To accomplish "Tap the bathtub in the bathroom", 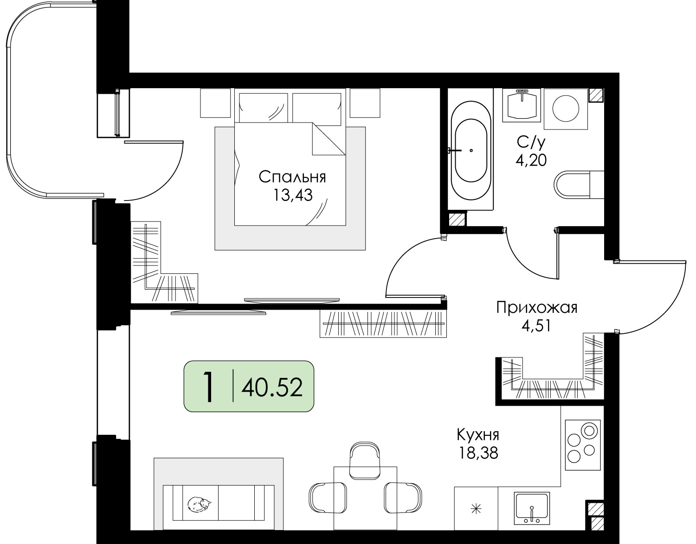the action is pos(470,150).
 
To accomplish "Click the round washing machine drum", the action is pos(566,109).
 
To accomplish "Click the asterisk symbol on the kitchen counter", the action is pos(476,509).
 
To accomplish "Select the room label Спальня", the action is pos(292,177).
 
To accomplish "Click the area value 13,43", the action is pos(292,195).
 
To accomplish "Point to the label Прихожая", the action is pos(537,308).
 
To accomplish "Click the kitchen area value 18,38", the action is pos(478,453).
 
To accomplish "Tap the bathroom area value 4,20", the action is pos(531,160).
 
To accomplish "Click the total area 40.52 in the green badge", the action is pos(272,387).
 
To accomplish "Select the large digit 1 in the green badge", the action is pos(209,387).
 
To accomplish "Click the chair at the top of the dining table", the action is pos(365,460).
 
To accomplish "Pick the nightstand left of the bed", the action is pos(216,103).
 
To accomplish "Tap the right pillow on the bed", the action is pos(316,109).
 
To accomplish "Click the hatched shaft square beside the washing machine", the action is pos(596,95).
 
